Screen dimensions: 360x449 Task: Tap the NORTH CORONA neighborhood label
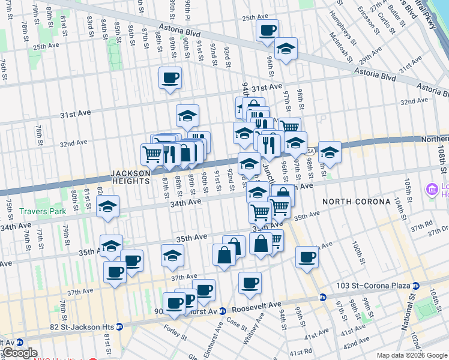pyautogui.click(x=356, y=202)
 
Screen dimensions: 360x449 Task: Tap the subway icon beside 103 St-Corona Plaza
pyautogui.click(x=323, y=296)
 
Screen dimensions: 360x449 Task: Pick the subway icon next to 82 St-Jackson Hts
pyautogui.click(x=119, y=326)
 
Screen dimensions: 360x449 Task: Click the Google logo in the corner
pyautogui.click(x=19, y=353)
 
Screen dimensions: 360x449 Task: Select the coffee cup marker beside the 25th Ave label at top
pyautogui.click(x=267, y=30)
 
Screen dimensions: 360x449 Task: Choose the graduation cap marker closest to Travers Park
pyautogui.click(x=108, y=206)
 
